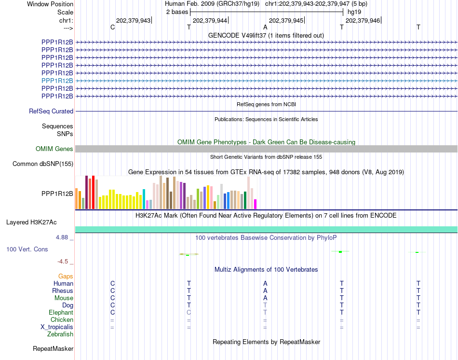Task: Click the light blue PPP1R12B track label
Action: pos(57,81)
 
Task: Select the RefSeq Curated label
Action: pos(51,111)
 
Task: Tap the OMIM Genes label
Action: pos(54,149)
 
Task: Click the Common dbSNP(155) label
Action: pos(43,164)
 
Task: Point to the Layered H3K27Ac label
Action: pos(31,222)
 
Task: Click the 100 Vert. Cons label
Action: pos(27,249)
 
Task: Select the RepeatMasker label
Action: pos(53,348)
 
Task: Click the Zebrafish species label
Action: pos(60,334)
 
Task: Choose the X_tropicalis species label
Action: pos(57,327)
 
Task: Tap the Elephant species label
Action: pos(61,312)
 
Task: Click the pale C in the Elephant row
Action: pos(189,312)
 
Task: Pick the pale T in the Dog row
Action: pos(265,305)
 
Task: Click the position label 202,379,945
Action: pos(286,20)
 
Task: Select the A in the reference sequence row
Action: pos(265,27)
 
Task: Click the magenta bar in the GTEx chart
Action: pos(256,204)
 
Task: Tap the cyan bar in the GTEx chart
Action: pos(144,199)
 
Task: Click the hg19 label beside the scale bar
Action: pos(354,12)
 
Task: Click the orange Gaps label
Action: pos(66,276)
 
